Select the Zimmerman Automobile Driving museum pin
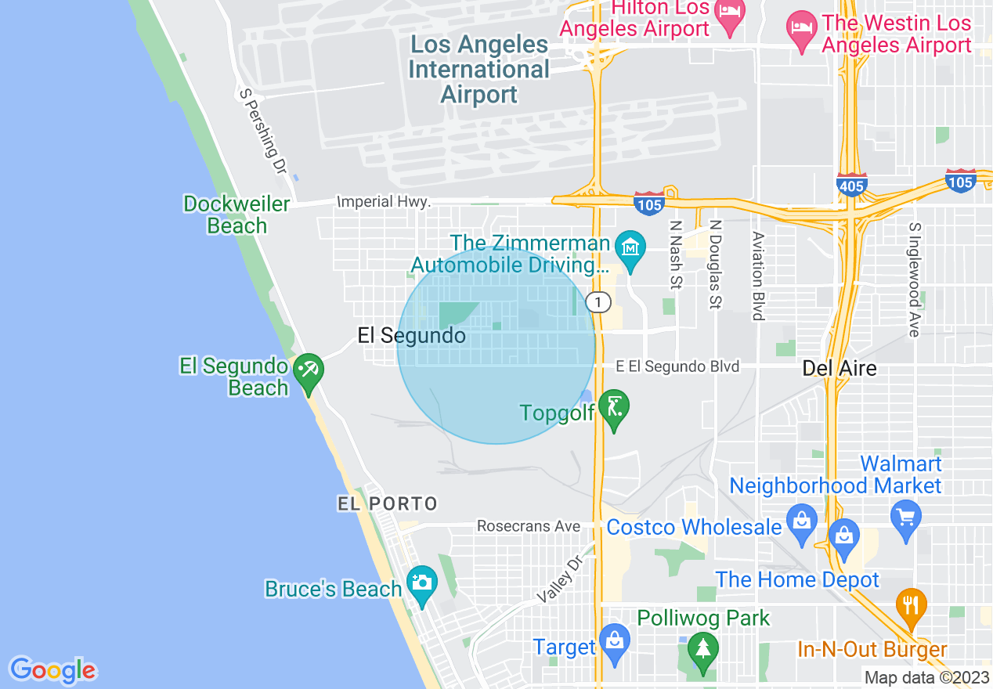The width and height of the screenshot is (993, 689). [x=630, y=247]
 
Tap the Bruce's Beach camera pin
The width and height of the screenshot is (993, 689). [x=421, y=584]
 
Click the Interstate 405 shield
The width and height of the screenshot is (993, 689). [x=851, y=185]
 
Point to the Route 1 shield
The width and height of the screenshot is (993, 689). [x=599, y=302]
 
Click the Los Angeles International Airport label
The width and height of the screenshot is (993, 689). [x=479, y=70]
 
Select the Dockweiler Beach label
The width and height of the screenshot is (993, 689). [x=237, y=215]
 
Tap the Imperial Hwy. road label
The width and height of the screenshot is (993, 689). [x=384, y=202]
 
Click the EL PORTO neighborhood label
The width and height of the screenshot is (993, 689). [x=388, y=503]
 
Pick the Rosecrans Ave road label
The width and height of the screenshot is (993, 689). [x=529, y=526]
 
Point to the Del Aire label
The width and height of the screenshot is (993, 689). [x=840, y=368]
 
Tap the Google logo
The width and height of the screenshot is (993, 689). [x=52, y=670]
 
